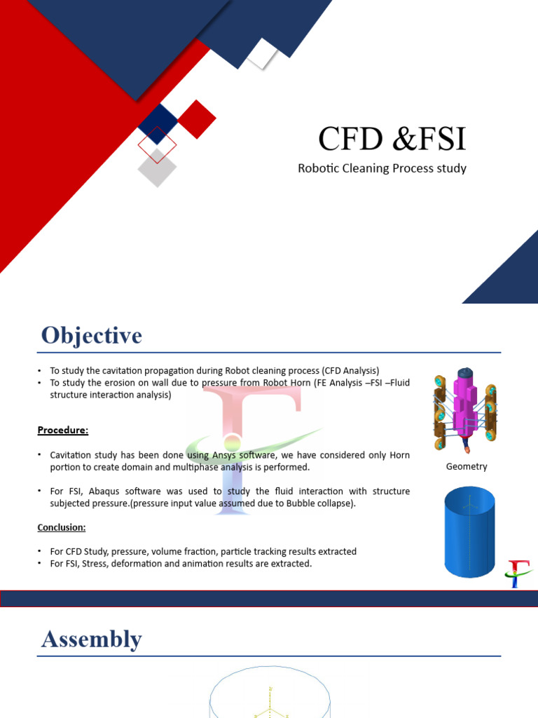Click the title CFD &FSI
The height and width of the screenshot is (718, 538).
[392, 139]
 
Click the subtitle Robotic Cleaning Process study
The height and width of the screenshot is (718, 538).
[382, 168]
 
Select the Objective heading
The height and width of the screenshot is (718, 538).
[91, 335]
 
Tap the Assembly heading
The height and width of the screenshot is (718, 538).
[91, 639]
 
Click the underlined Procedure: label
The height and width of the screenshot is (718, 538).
[63, 429]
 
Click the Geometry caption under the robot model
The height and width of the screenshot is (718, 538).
[466, 466]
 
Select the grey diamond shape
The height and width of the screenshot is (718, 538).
[157, 168]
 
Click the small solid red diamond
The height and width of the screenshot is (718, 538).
[197, 119]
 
